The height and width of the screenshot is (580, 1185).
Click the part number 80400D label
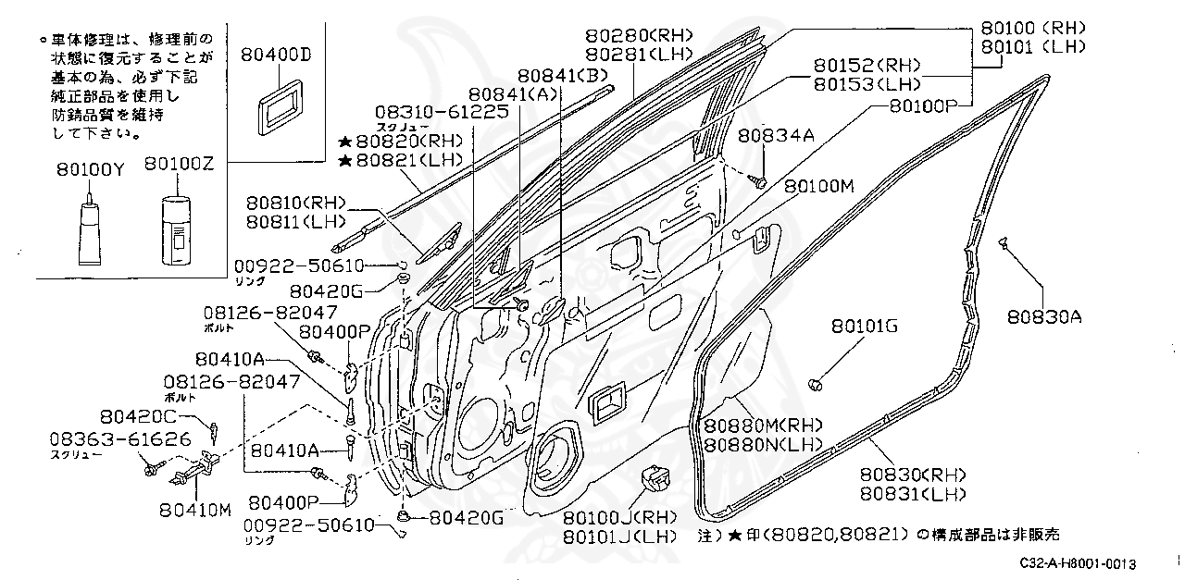click(x=276, y=54)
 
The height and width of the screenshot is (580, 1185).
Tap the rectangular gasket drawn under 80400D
click(x=276, y=103)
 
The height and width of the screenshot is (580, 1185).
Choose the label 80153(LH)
click(x=867, y=84)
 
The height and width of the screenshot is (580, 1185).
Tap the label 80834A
click(x=776, y=136)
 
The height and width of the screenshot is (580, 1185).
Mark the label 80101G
click(x=864, y=326)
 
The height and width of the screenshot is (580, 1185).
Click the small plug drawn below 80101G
click(x=817, y=383)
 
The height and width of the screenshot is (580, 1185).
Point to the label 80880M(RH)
click(x=763, y=426)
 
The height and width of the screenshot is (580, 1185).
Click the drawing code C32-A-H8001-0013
click(x=1079, y=563)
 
